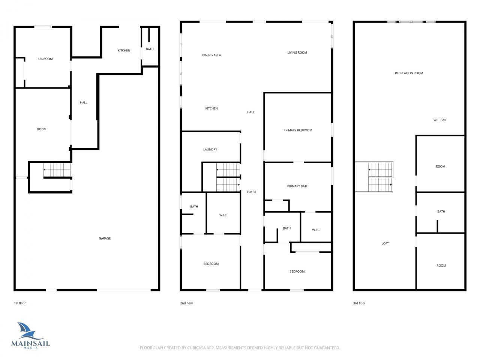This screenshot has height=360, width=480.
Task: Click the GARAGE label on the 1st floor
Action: pos(105,238)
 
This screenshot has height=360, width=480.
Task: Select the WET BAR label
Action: pos(439,120)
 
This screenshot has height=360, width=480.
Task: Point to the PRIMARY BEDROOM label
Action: pos(298,130)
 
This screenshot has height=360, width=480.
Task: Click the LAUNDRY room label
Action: pos(210,150)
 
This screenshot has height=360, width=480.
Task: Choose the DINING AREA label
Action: pos(211,55)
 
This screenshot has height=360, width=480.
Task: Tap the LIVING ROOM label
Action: pos(297,53)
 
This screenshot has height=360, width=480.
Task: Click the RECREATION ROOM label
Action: pos(409,73)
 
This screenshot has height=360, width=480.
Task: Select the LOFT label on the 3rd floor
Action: pos(385,244)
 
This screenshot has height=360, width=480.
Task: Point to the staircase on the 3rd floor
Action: pos(380,177)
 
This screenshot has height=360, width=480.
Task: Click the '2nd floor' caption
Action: pos(186,303)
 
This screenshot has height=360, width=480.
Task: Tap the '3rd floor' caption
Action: pos(359,303)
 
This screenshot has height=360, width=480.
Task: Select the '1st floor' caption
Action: pos(20,303)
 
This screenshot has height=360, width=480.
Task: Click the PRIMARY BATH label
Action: pos(298,186)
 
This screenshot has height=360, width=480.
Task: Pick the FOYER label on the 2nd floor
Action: pos(251,192)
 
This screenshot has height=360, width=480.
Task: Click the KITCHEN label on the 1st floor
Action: pos(124,51)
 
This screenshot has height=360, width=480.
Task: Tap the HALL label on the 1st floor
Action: pos(84,103)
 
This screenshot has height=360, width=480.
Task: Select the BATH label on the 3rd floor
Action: pos(441,211)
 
